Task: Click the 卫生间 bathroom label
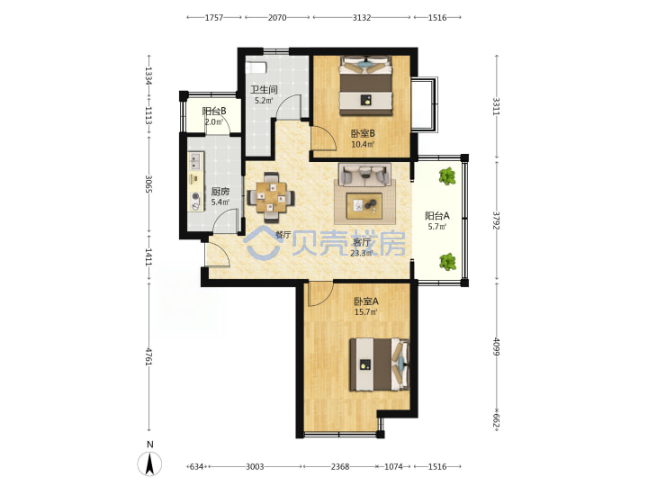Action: (264, 89)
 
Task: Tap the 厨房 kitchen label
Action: (220, 192)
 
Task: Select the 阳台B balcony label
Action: (214, 112)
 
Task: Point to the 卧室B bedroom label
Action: (363, 133)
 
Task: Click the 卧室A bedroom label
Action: (365, 301)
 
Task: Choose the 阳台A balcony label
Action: (437, 216)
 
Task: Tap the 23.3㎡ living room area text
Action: (361, 253)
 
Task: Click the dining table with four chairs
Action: (271, 197)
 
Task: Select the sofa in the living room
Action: (364, 175)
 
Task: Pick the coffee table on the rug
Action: (364, 206)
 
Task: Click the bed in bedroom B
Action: (365, 85)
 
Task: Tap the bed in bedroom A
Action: (380, 364)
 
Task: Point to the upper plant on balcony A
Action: (446, 176)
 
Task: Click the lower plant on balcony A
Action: (447, 262)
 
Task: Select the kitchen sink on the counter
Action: (195, 161)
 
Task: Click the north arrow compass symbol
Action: (149, 463)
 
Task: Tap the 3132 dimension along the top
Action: (362, 17)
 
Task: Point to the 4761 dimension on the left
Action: (149, 357)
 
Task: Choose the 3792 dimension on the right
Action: (496, 220)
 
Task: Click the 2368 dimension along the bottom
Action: (340, 466)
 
